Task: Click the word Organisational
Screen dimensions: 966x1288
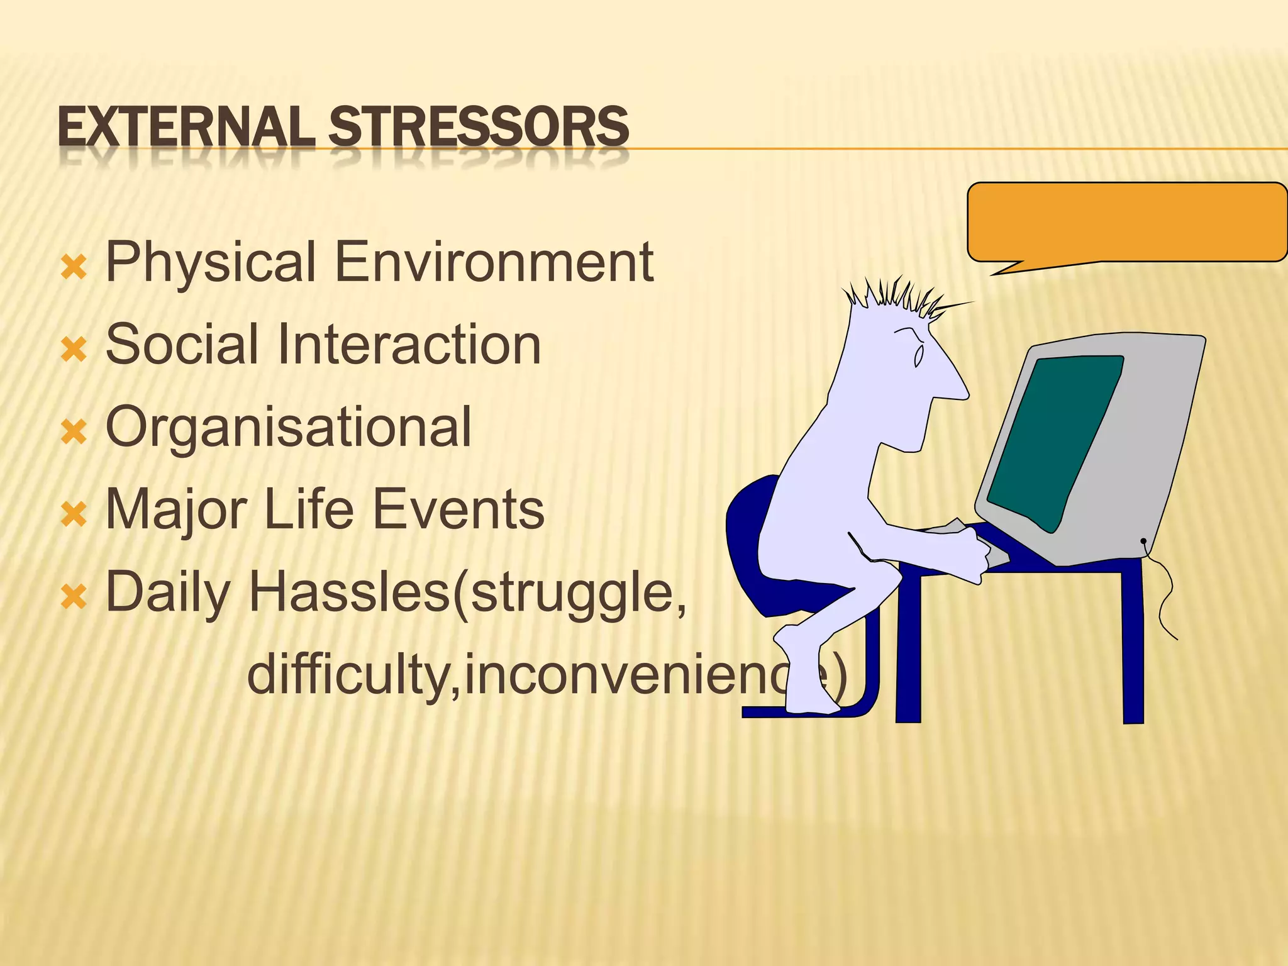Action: click(288, 428)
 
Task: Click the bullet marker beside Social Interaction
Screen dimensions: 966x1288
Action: click(74, 349)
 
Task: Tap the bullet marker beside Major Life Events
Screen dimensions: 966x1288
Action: click(74, 514)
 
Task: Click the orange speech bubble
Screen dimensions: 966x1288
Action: click(1126, 222)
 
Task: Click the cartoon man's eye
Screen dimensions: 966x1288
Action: click(918, 356)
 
